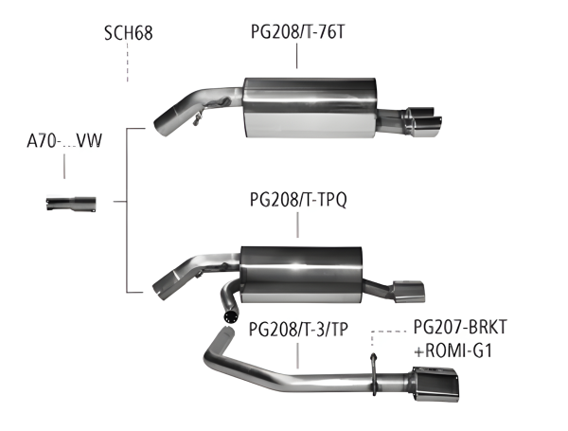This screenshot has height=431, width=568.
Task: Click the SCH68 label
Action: (x=128, y=36)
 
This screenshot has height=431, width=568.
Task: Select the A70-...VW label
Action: (x=64, y=143)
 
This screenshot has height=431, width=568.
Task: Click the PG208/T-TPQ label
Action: (x=297, y=200)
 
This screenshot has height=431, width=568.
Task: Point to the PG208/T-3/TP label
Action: (x=297, y=330)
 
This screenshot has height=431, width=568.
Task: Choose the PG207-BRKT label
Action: (x=461, y=328)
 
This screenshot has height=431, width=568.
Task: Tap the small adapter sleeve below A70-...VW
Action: (x=70, y=202)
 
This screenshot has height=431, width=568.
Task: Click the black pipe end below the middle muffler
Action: (x=229, y=313)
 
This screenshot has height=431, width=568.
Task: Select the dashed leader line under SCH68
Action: (x=127, y=64)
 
